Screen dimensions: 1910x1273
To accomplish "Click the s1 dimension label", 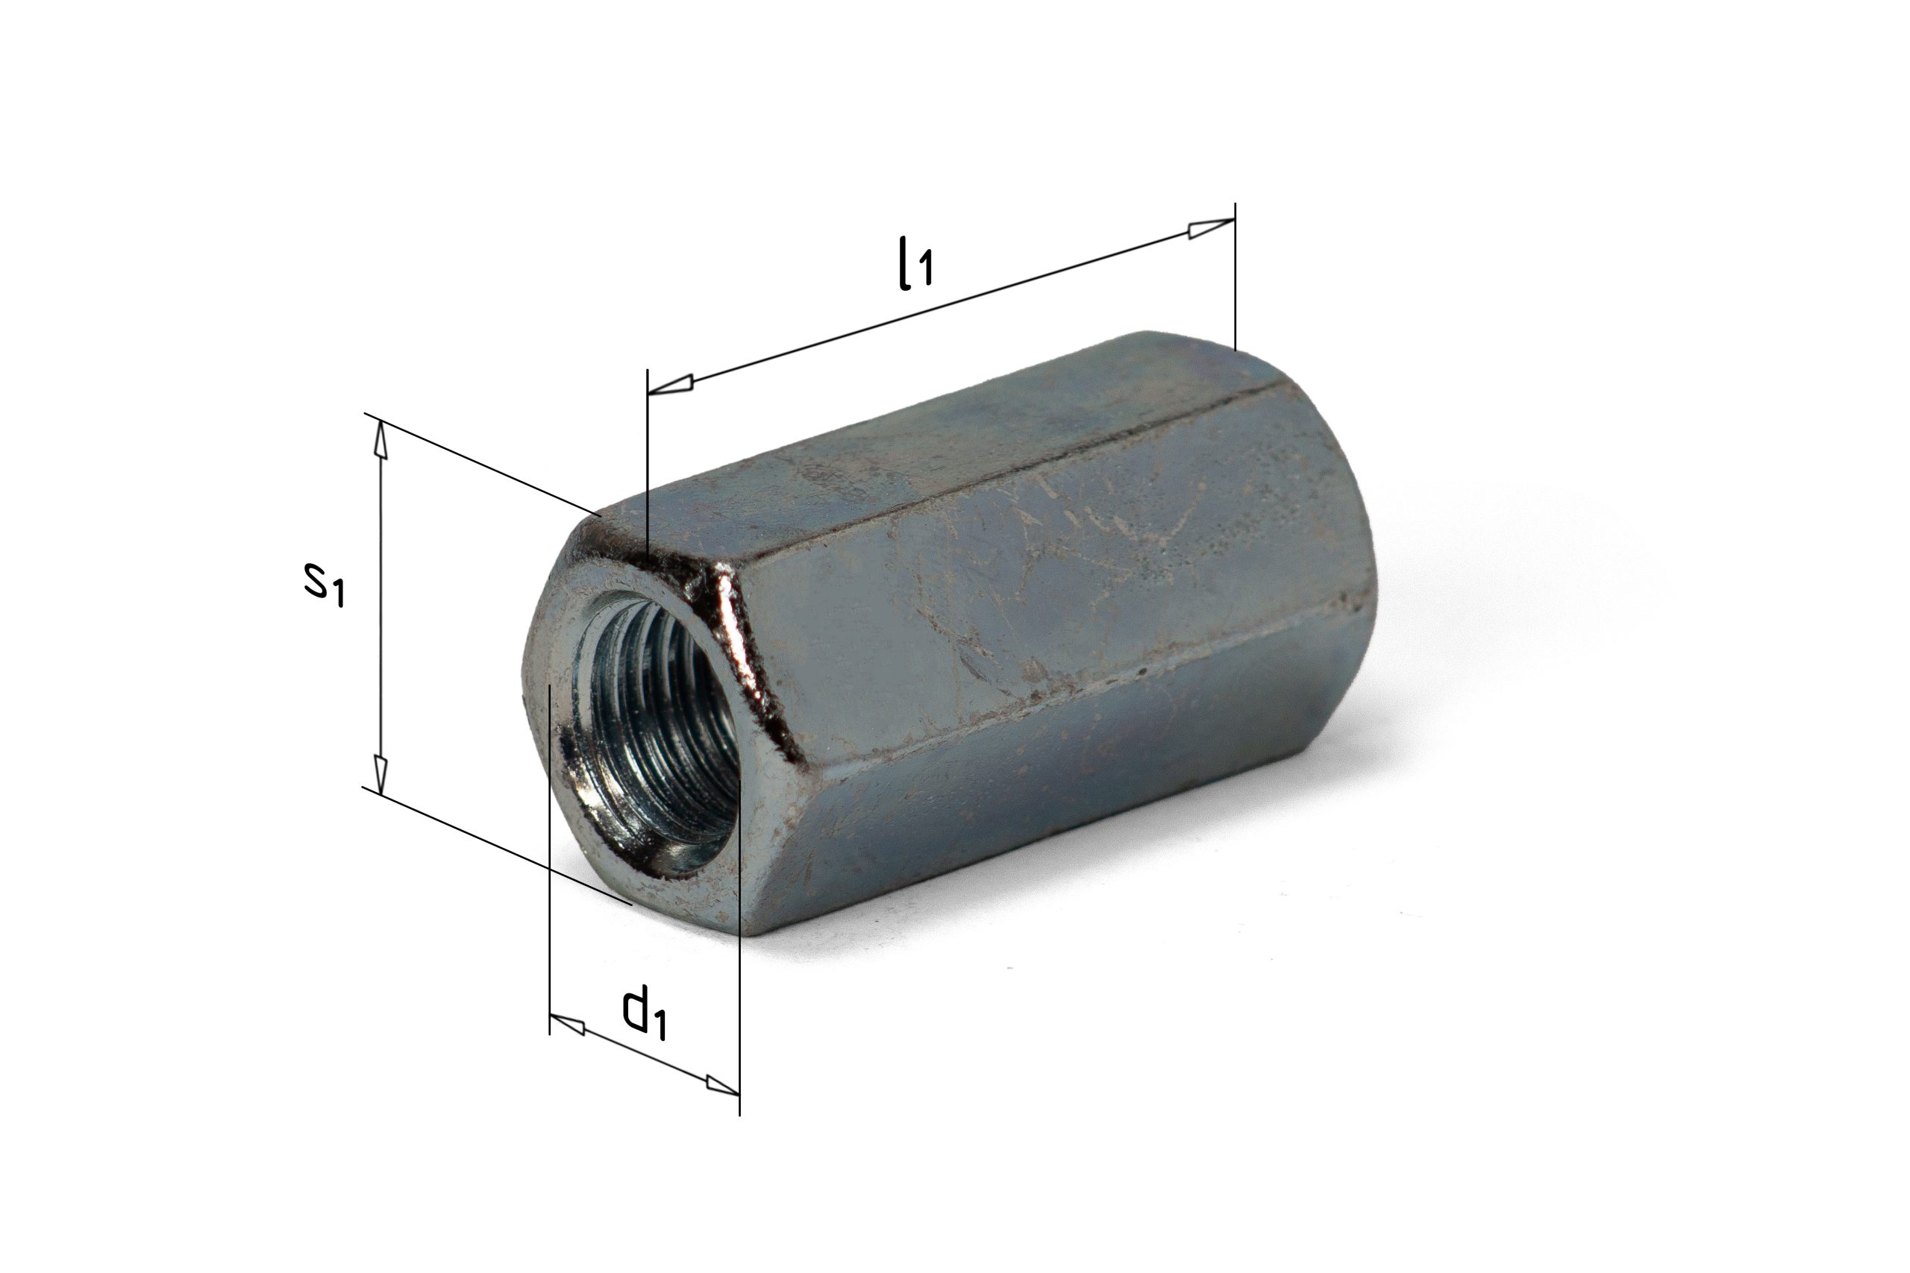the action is [325, 584].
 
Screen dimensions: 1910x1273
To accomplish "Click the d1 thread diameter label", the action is [645, 1011].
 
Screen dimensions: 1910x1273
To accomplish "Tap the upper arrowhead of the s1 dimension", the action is [379, 441].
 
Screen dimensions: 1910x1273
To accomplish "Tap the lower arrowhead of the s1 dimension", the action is [379, 773].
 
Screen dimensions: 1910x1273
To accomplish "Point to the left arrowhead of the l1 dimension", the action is [671, 385].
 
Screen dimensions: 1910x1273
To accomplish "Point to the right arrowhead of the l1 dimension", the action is [1211, 229].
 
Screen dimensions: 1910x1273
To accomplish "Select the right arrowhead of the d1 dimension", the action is [722, 1084].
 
